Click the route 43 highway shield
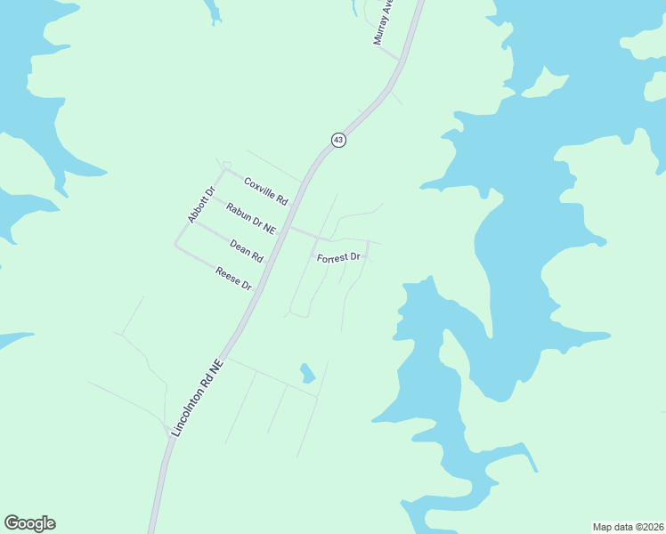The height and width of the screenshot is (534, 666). [x=338, y=140]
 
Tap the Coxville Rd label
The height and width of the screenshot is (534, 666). [x=266, y=188]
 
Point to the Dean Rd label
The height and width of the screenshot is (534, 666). [x=247, y=251]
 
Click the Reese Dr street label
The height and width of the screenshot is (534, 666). [x=234, y=279]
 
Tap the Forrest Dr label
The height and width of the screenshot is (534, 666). [x=338, y=257]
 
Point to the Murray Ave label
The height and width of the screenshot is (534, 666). [x=384, y=23]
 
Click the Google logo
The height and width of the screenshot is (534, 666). [x=29, y=523]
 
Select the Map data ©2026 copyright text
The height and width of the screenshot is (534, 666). [x=628, y=526]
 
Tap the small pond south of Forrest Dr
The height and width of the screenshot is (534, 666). [x=307, y=372]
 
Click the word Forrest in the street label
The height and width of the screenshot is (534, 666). [x=332, y=257]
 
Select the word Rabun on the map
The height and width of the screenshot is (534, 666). [x=238, y=212]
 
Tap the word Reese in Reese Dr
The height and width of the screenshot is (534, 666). [x=229, y=276]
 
